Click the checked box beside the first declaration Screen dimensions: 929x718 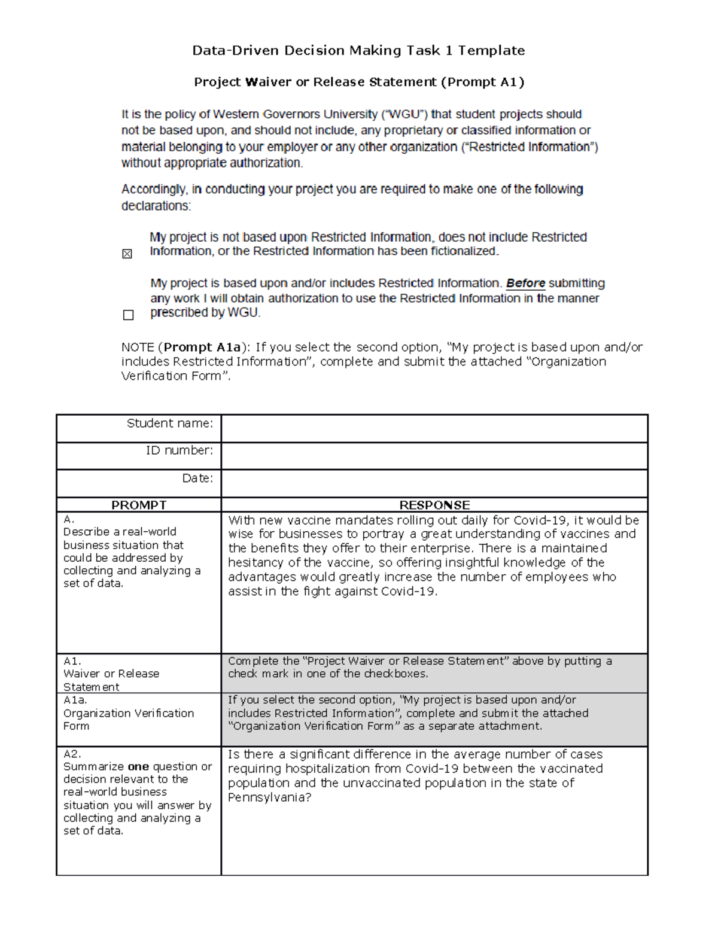pos(127,254)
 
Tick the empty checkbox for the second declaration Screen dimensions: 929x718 pos(128,315)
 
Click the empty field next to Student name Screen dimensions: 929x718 pos(434,428)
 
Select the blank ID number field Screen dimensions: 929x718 pos(434,456)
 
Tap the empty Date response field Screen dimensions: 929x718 pos(434,483)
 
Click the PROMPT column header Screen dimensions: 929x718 pos(139,505)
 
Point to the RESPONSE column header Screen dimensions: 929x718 pos(434,505)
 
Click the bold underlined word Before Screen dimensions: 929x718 pos(525,284)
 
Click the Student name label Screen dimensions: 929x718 pos(169,424)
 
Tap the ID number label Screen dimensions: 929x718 pos(179,450)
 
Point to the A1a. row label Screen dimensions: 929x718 pos(75,700)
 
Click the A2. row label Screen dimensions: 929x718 pos(72,754)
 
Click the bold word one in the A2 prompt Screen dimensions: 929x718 pos(138,767)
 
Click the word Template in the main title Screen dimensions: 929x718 pos(491,51)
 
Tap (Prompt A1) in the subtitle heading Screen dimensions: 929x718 pos(482,83)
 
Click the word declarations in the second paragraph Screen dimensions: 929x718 pos(155,206)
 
